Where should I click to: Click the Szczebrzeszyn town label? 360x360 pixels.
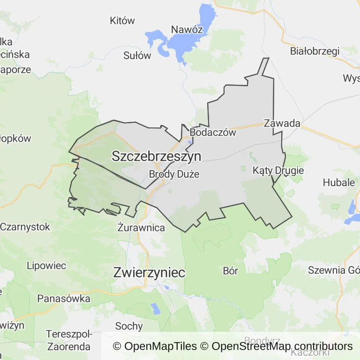coord(156,157)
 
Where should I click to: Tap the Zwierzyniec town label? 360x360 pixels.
coord(149,272)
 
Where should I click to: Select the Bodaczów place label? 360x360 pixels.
coord(213,133)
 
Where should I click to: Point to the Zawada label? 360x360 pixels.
coord(282,124)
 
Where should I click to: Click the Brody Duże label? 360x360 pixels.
coord(174,174)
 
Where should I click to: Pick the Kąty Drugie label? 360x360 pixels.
coord(278,170)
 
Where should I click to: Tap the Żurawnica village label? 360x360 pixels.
coord(141,228)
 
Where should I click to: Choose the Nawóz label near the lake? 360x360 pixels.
coord(187,30)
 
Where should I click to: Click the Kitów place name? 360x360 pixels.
coord(122,21)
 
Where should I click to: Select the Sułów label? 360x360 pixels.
coord(137,55)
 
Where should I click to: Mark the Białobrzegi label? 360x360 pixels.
coord(315,51)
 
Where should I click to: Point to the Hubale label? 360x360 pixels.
coord(338,182)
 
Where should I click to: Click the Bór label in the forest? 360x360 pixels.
coord(231,270)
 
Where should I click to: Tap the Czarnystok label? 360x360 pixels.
coord(25,227)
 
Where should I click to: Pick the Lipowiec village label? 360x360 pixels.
coord(46,265)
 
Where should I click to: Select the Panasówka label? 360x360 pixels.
coord(63,298)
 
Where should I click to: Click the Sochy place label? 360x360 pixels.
coord(128,326)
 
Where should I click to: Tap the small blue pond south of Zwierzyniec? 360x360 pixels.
coord(155,308)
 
